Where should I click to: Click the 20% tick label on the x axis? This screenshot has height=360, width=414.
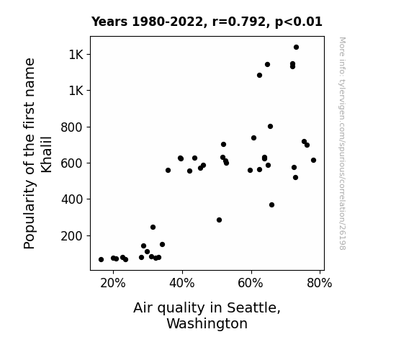[x=113, y=284]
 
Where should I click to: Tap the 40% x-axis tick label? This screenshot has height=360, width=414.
[x=182, y=284]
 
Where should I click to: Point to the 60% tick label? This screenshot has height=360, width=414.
[x=251, y=284]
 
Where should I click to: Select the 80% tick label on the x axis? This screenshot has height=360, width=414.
[x=320, y=284]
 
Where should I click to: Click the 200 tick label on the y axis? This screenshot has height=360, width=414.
[x=72, y=236]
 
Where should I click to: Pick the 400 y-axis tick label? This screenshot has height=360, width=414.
[x=72, y=199]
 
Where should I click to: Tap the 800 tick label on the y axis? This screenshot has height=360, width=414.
[x=72, y=127]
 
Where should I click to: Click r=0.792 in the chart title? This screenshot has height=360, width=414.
[x=239, y=22]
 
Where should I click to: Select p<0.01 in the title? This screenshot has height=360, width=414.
[x=299, y=22]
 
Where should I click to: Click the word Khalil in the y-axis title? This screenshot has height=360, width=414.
[x=47, y=155]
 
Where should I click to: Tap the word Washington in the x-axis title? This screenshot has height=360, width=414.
[x=207, y=324]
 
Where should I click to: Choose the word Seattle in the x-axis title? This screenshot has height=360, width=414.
[x=253, y=308]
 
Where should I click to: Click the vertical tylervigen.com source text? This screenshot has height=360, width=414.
[x=342, y=143]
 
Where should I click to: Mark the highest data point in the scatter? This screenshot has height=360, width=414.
[x=296, y=48]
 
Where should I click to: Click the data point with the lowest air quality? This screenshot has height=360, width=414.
[x=101, y=260]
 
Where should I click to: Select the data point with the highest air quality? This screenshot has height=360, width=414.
[x=313, y=161]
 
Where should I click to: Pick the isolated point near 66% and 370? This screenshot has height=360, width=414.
[x=271, y=205]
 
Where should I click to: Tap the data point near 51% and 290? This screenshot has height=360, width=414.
[x=219, y=220]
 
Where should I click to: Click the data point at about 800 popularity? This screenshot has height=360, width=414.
[x=270, y=127]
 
